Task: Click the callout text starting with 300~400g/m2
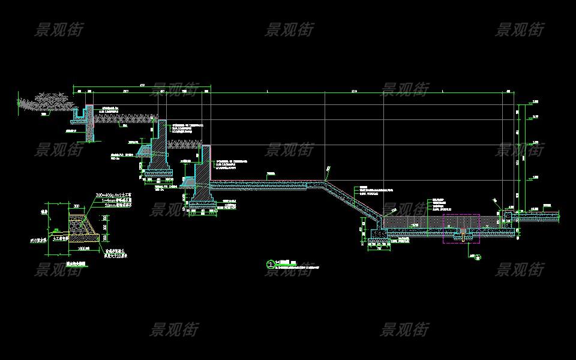(x=115, y=196)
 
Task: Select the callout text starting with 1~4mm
(x=114, y=200)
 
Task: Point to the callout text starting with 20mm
(x=114, y=205)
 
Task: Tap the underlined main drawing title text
(x=285, y=263)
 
